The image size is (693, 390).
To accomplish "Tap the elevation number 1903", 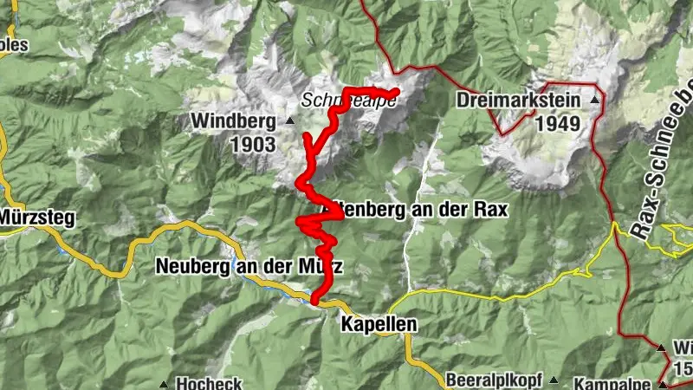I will tap(253, 144).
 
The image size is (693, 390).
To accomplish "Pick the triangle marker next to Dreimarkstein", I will tap(594, 101).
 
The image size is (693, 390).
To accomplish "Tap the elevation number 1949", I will tap(558, 123).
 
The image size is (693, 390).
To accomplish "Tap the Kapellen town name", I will tap(379, 325).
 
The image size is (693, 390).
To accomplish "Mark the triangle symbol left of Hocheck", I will tap(164, 383).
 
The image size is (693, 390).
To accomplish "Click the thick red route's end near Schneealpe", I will tap(395, 92).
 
